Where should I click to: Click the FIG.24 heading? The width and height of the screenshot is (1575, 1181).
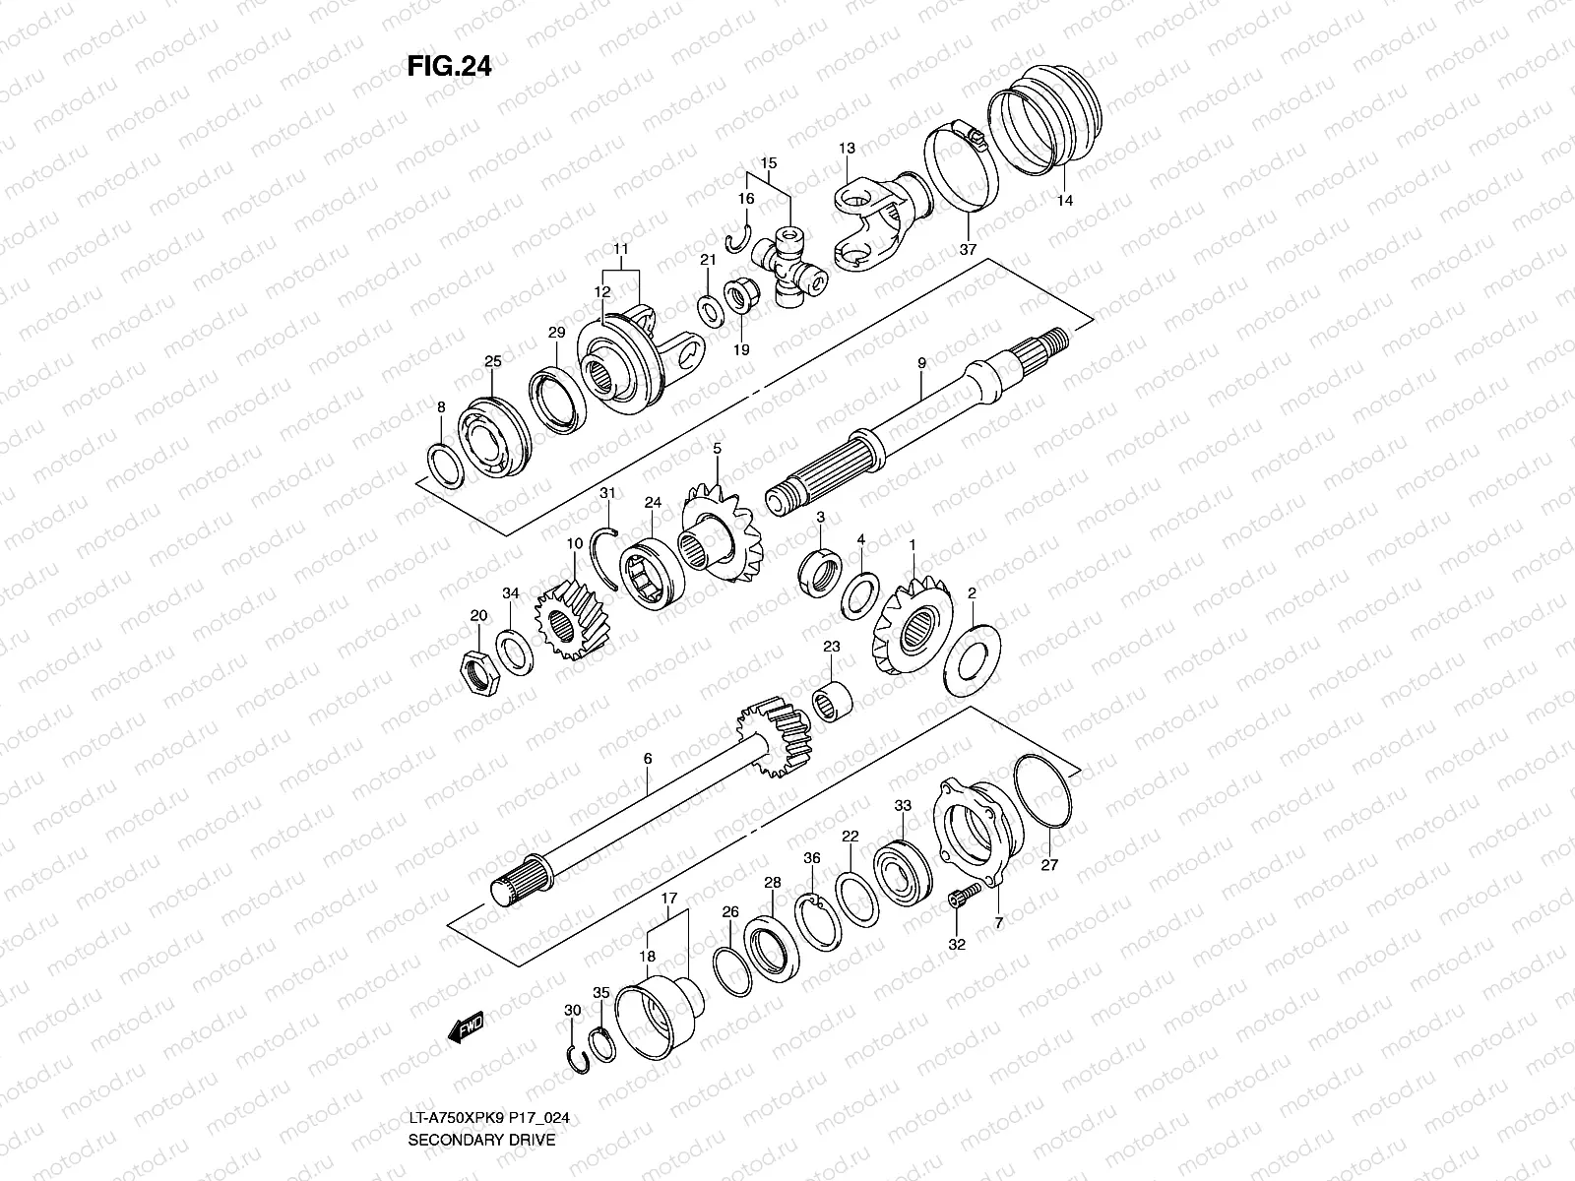[x=449, y=66]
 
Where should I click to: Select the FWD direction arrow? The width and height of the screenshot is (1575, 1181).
[x=467, y=1029]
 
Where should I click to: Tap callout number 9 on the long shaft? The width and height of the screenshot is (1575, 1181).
[x=922, y=364]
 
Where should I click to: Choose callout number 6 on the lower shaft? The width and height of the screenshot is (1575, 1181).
[x=647, y=759]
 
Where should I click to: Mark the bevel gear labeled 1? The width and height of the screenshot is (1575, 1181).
[x=912, y=628]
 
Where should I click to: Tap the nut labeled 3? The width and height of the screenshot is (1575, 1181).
[x=818, y=570]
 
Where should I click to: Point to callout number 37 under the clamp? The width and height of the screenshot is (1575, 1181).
[x=968, y=250]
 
